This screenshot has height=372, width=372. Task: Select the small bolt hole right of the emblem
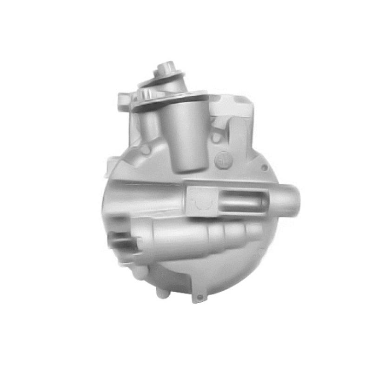coord(264,167)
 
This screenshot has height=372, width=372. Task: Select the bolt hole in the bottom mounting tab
coord(199,297)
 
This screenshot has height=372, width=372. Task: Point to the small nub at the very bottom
coord(162,293)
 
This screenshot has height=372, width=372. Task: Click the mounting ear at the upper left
coord(124,100)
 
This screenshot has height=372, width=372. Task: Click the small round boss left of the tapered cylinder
coord(146,150)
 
